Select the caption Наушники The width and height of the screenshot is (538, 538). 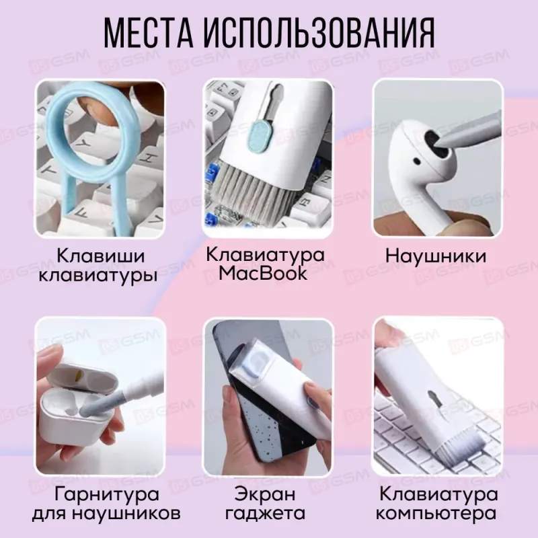[436, 256]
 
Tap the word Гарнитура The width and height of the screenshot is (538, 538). [99, 496]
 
